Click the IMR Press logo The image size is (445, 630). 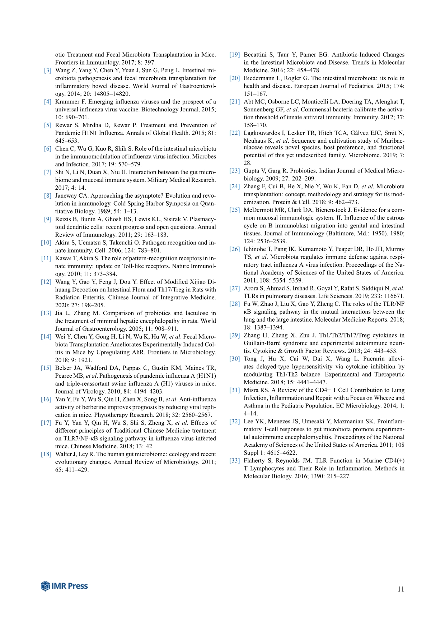65,586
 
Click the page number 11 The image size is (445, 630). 400,589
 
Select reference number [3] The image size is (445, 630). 48,70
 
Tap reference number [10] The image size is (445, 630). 46,243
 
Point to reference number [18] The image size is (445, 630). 46,454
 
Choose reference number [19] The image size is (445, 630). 235,55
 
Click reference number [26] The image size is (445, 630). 235,249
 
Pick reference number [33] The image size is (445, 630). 235,461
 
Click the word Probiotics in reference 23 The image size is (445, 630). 298,171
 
